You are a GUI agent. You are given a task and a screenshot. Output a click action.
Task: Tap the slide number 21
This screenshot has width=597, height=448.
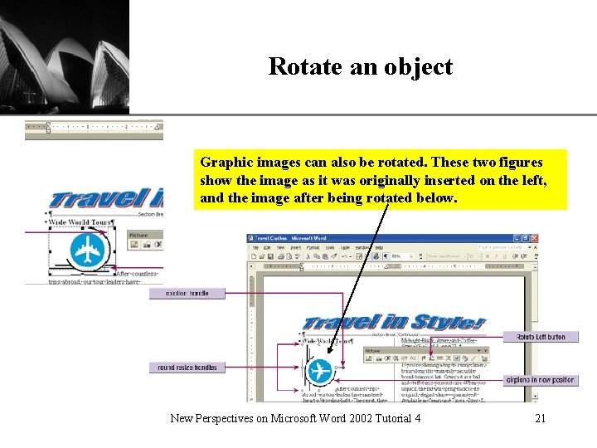[540, 418]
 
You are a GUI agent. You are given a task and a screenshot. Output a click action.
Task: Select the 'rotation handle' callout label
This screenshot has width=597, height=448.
[187, 293]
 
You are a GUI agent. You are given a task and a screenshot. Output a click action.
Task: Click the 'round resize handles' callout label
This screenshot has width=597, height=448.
[187, 368]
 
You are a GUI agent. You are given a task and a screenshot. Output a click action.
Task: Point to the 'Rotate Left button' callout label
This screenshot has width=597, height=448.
[541, 337]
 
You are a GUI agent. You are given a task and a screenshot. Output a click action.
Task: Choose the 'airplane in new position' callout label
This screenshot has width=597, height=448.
[541, 380]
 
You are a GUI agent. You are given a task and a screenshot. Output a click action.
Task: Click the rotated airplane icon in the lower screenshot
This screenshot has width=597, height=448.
[319, 371]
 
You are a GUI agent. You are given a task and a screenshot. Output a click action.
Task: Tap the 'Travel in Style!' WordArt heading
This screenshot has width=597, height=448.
[393, 322]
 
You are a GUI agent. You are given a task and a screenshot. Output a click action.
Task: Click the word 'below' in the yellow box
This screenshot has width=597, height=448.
[435, 198]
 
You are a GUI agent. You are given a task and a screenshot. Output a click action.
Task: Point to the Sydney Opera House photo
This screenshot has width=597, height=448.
[65, 56]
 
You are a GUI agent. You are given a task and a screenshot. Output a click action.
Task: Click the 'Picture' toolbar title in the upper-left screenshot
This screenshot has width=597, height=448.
[138, 236]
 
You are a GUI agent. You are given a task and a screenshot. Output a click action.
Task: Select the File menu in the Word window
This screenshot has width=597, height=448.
[256, 247]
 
